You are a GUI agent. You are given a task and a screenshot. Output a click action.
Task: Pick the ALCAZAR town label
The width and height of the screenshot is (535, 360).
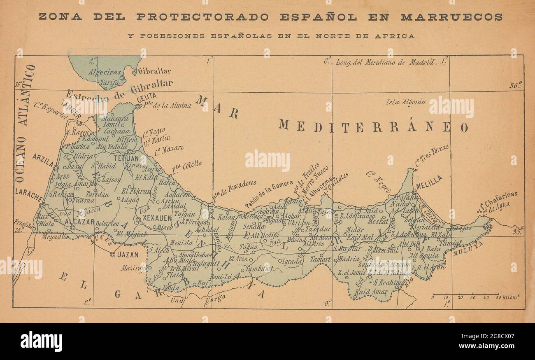tap(79, 222)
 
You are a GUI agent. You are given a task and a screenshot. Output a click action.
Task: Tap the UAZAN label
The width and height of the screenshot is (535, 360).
tap(128, 255)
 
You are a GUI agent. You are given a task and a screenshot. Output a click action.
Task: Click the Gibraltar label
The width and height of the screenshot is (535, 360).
tap(154, 71)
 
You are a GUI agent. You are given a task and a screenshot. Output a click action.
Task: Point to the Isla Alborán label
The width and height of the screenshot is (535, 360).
tap(405, 102)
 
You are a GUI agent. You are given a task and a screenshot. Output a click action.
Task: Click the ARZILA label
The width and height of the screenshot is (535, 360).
tap(43, 160)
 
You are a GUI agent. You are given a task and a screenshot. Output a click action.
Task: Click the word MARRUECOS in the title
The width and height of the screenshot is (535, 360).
tap(451, 17)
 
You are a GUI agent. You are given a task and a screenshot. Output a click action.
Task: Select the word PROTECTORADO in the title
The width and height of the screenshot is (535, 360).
tap(202, 17)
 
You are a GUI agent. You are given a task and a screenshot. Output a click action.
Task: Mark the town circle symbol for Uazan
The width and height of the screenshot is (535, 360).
tap(112, 255)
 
